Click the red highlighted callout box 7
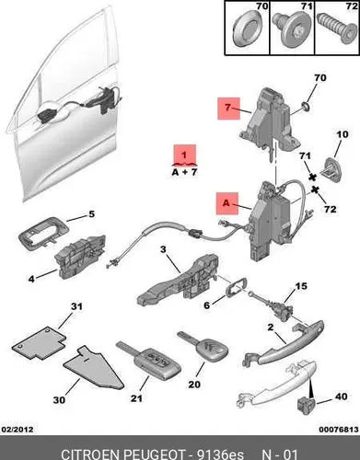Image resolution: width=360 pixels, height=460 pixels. point(228,109)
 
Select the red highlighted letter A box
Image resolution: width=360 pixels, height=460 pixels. point(227,203)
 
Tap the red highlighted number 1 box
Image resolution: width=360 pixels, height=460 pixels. point(185,154)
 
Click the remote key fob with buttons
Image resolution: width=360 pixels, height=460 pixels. point(149,360)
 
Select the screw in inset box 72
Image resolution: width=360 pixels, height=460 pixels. point(336,28)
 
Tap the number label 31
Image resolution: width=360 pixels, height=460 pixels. point(77,306)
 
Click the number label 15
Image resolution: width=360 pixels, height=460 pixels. point(301,286)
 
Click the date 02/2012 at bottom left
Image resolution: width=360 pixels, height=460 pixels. point(17,429)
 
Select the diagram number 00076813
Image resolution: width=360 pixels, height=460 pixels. point(339,430)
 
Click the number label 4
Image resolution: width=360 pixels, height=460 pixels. point(31,279)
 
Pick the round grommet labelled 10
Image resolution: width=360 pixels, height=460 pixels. point(331,170)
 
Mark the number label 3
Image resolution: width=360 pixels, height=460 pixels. point(163,249)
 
